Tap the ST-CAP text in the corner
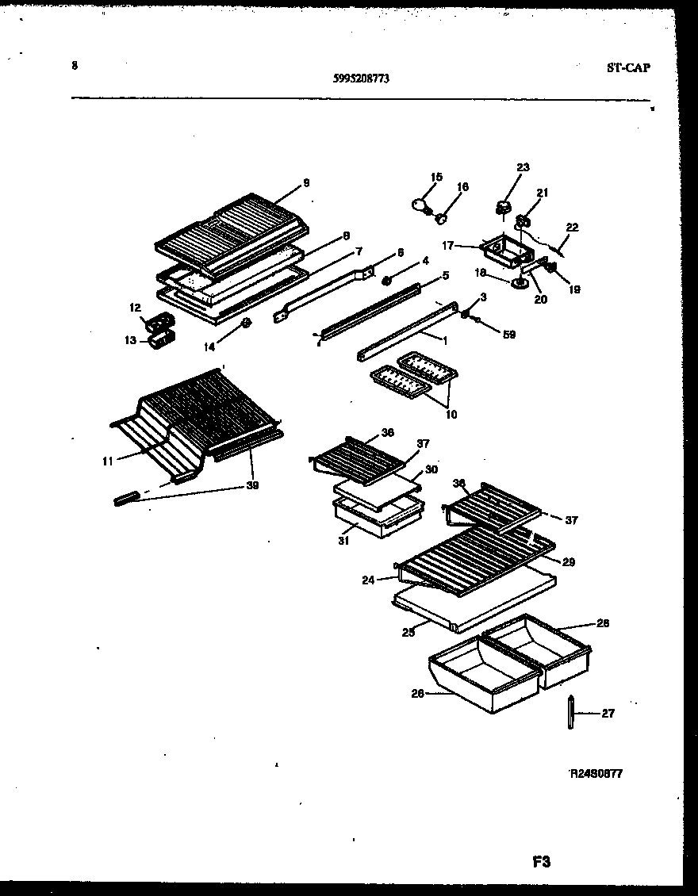(x=628, y=68)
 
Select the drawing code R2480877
(x=596, y=774)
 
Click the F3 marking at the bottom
(x=542, y=862)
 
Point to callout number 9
(x=305, y=184)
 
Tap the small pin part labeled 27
(x=570, y=714)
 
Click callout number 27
(x=608, y=714)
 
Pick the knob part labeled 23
(x=502, y=208)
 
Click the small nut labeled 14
(x=246, y=323)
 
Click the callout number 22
(x=572, y=228)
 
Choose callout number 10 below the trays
(x=451, y=414)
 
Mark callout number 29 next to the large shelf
(x=569, y=562)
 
